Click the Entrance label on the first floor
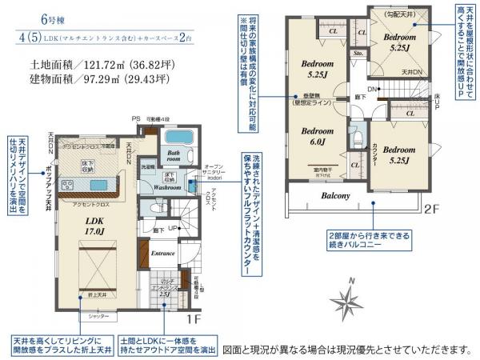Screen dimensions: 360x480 162,253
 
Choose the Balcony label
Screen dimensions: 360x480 335,196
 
